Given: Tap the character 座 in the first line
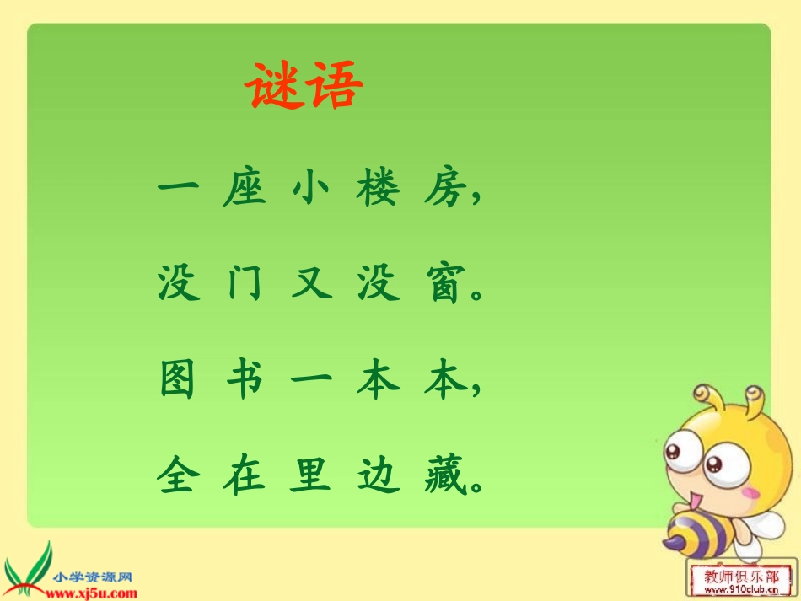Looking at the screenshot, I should (245, 190).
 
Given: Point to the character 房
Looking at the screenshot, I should (444, 190).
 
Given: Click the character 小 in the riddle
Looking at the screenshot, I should (310, 190).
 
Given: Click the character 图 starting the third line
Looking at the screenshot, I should (178, 382).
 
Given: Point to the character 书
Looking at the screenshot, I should (245, 382).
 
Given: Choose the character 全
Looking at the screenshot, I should (178, 477).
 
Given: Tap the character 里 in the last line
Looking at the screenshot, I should (310, 477).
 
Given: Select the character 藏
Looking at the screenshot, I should (444, 477).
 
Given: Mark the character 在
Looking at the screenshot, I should (245, 477).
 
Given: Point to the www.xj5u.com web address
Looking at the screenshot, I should (93, 593).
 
